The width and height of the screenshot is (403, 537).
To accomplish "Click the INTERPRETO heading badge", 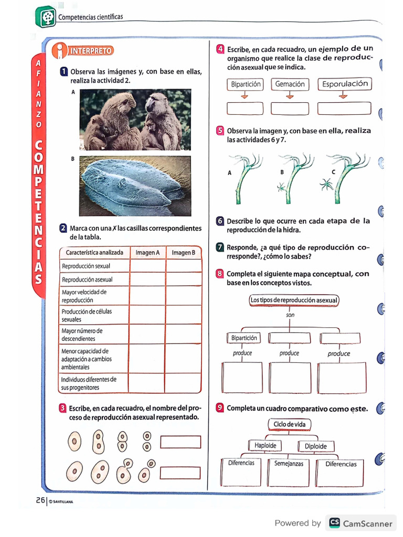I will (x=90, y=51).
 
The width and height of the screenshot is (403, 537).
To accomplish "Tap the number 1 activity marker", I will (x=63, y=71).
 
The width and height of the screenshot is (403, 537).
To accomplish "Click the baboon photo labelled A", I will (x=135, y=120).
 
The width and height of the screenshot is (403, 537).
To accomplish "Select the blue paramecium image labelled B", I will (x=135, y=186).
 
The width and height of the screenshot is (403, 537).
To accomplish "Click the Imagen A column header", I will (x=147, y=253).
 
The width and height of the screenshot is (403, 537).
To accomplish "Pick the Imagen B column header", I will (x=183, y=253).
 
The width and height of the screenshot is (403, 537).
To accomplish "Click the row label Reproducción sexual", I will (x=86, y=266).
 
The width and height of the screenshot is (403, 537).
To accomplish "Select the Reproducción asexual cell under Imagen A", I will (x=147, y=280).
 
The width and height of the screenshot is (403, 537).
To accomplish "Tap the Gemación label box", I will (x=290, y=84).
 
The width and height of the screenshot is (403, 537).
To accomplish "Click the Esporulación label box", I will (x=345, y=84).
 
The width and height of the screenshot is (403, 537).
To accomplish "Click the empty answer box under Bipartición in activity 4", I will (x=245, y=109).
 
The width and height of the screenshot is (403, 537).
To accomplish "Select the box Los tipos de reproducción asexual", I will (x=294, y=300).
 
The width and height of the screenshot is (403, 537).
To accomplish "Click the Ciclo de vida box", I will (x=290, y=424).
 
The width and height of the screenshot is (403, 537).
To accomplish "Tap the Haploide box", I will (x=265, y=446).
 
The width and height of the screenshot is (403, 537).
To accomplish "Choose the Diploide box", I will (x=316, y=446).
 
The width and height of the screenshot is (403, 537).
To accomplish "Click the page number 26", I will (x=40, y=500).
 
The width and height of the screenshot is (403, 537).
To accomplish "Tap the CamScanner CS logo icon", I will (x=334, y=523).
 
